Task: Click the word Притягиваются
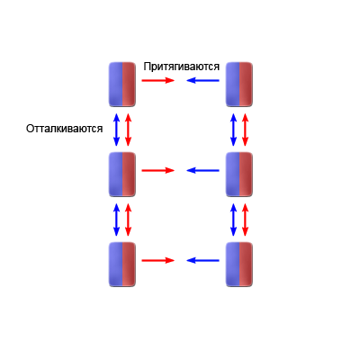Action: pyautogui.click(x=181, y=67)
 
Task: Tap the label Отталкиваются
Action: pyautogui.click(x=64, y=129)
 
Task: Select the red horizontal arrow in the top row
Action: pyautogui.click(x=158, y=80)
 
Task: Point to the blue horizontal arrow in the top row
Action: pyautogui.click(x=202, y=80)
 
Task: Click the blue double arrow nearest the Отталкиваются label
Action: pyautogui.click(x=116, y=130)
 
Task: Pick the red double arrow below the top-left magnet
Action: pyautogui.click(x=128, y=130)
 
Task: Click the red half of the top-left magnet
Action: pyautogui.click(x=129, y=85)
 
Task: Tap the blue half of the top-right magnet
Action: pyautogui.click(x=232, y=85)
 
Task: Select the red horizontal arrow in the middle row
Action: pyautogui.click(x=158, y=170)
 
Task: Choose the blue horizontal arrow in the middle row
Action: pyautogui.click(x=202, y=170)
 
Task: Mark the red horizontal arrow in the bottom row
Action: pyautogui.click(x=158, y=260)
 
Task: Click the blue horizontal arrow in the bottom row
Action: pyautogui.click(x=202, y=260)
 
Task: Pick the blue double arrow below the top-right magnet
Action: pyautogui.click(x=233, y=130)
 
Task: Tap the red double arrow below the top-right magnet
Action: pyautogui.click(x=245, y=130)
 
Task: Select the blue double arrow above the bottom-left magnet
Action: pyautogui.click(x=116, y=220)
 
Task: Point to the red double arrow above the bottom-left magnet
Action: pyautogui.click(x=128, y=220)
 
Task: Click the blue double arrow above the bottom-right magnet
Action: pyautogui.click(x=233, y=220)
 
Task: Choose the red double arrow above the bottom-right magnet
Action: pyautogui.click(x=245, y=220)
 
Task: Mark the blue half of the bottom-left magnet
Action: pyautogui.click(x=115, y=265)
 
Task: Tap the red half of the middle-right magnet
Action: pyautogui.click(x=246, y=175)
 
